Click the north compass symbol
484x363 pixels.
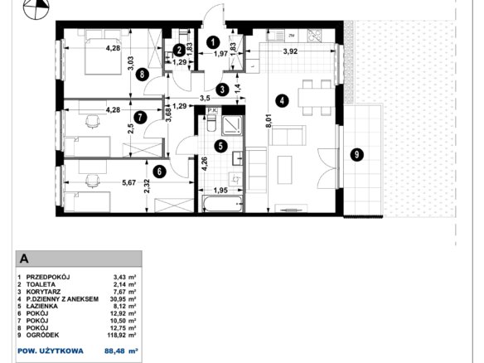click(x=36, y=7)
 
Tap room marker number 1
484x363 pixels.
click(x=213, y=42)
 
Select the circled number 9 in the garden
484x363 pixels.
click(x=357, y=154)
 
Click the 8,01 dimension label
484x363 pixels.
click(x=269, y=121)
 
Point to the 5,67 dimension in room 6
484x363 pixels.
click(x=129, y=182)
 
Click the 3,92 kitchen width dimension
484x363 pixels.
click(x=290, y=51)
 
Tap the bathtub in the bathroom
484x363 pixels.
click(x=222, y=204)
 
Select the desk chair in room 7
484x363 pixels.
click(x=92, y=121)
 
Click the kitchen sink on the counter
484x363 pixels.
click(x=275, y=35)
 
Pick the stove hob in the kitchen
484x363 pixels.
click(x=314, y=35)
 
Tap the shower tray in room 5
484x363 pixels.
click(x=232, y=125)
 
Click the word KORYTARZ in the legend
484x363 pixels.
click(x=43, y=292)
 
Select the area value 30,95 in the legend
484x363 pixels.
click(x=119, y=299)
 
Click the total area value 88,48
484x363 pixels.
click(x=114, y=351)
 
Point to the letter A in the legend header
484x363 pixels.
click(x=24, y=259)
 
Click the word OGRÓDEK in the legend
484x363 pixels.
click(x=42, y=335)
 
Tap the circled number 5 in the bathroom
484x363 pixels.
click(x=220, y=146)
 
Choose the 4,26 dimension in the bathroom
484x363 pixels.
click(x=205, y=165)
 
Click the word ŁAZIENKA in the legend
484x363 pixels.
click(x=42, y=306)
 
